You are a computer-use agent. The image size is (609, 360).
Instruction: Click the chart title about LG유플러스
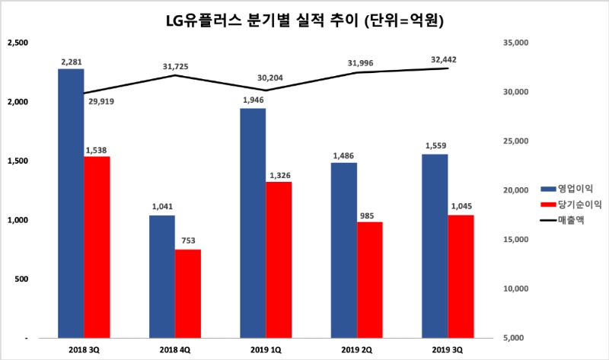tap(304, 21)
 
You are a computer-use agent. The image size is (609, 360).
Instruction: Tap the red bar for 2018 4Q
tap(188, 293)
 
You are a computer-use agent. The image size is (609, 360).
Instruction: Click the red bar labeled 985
tap(369, 279)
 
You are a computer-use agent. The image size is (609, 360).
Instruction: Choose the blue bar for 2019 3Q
tap(435, 246)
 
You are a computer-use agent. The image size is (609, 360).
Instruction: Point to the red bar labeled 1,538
tap(97, 247)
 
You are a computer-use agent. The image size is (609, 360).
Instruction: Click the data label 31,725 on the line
tap(176, 67)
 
